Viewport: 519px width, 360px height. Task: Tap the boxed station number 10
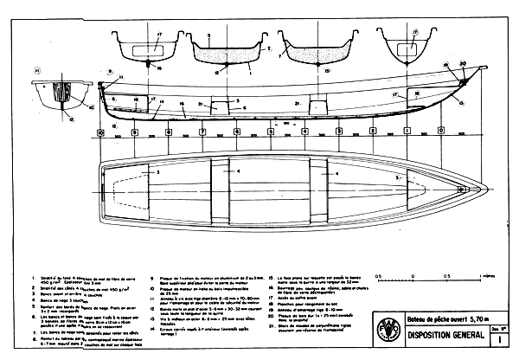(100, 132)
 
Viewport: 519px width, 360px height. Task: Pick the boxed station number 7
(202, 132)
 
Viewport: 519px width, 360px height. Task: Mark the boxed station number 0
(441, 132)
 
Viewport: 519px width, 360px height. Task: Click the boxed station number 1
(407, 132)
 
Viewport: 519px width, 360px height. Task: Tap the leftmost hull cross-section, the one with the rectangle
(137, 45)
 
